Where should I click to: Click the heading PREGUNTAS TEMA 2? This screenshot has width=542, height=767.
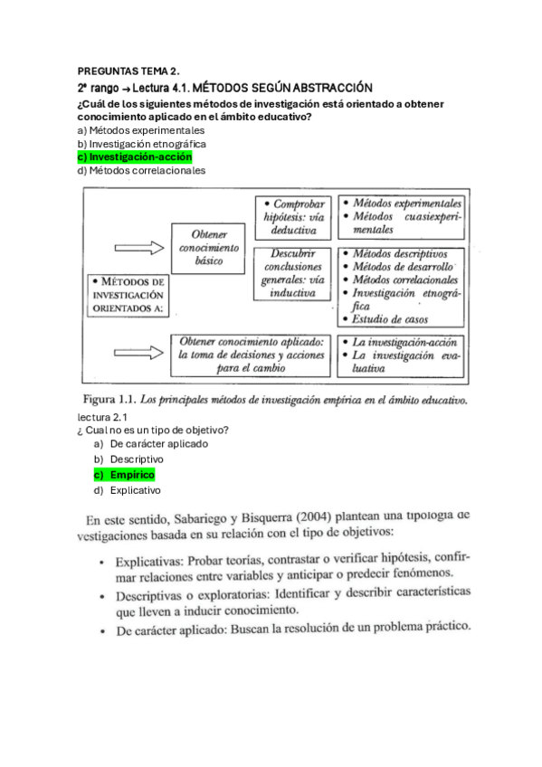click(128, 70)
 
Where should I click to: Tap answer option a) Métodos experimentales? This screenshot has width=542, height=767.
click(140, 130)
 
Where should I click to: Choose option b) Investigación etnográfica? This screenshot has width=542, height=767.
click(142, 144)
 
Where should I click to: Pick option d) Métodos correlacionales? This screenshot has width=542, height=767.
click(141, 170)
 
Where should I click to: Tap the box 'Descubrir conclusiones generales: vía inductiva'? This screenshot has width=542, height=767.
click(291, 273)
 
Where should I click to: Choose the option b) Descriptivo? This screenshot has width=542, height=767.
click(137, 459)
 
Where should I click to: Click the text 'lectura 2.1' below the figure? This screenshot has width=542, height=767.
click(105, 417)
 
